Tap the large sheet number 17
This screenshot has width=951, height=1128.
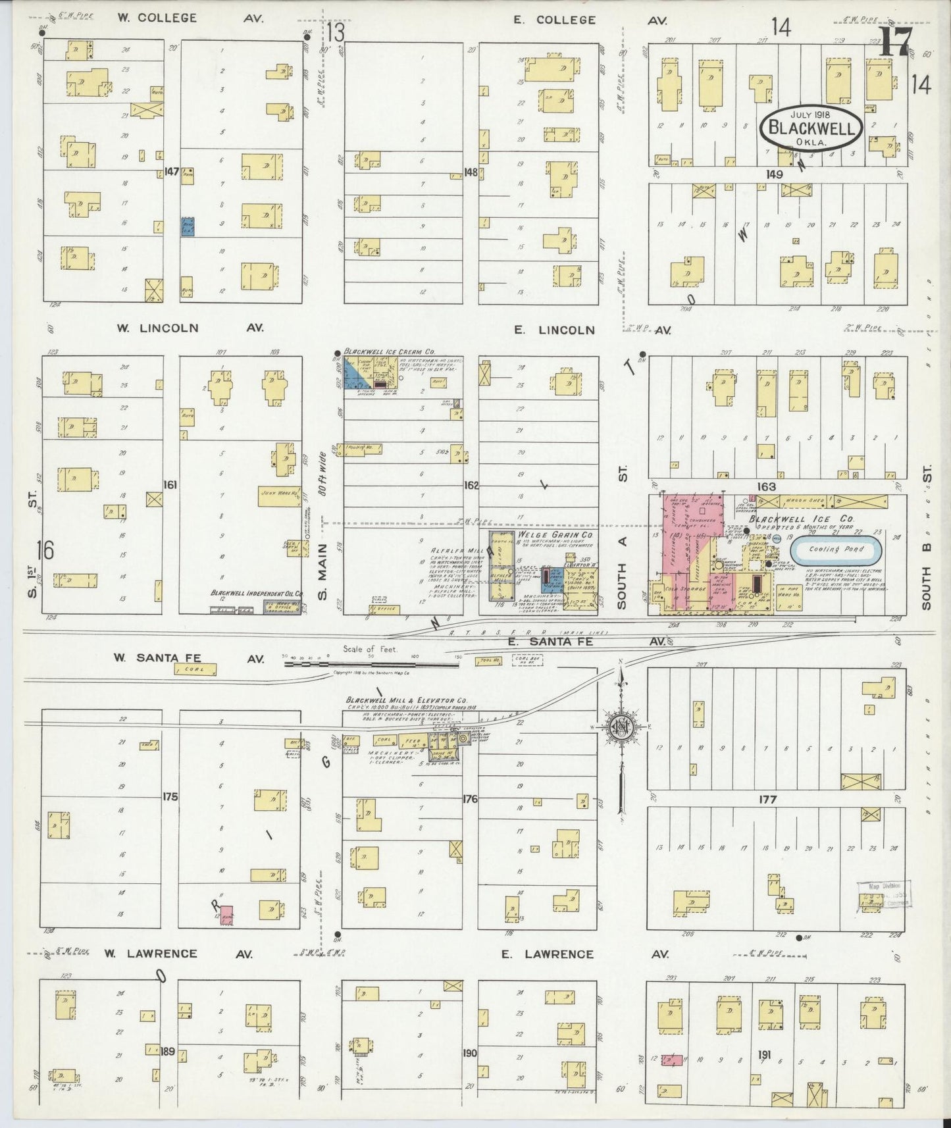[895, 43]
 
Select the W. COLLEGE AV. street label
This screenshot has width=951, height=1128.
[190, 18]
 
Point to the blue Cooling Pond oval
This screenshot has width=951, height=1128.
[835, 549]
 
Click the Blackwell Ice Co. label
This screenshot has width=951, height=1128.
[800, 519]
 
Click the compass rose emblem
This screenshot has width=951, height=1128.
[621, 728]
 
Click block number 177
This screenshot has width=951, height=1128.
[767, 799]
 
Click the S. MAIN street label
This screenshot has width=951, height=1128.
[322, 582]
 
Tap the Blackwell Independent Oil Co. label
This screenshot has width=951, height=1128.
[256, 592]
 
